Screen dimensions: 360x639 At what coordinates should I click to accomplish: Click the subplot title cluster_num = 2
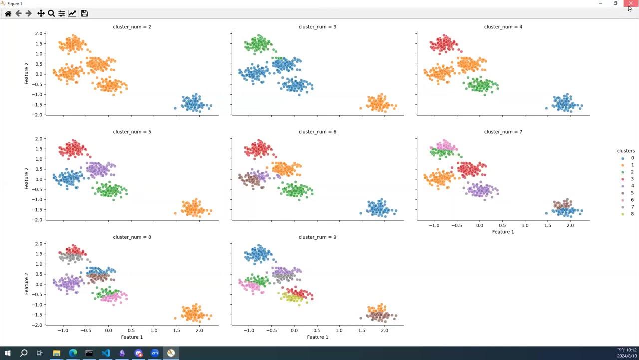coord(132,26)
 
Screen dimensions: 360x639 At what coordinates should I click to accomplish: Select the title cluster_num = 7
coord(503,132)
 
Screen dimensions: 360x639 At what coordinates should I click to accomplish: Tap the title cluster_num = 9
coord(317,237)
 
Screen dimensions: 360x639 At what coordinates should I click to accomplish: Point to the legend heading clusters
coord(626,151)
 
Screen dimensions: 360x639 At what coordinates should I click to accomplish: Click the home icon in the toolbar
coord(8,13)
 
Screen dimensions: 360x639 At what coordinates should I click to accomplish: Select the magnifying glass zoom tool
coord(51,13)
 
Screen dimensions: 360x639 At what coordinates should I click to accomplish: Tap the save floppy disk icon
coord(84,13)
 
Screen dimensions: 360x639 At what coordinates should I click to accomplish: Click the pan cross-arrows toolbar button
coord(41,13)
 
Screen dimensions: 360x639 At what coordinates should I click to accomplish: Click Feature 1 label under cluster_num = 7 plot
coord(503,232)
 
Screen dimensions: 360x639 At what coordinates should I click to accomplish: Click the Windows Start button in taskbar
coord(8,353)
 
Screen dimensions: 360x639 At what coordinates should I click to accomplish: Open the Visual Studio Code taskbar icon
coord(106,353)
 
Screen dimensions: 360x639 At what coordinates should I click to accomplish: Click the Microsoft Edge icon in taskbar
coord(73,353)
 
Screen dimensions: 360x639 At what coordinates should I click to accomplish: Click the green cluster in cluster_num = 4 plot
coord(482,85)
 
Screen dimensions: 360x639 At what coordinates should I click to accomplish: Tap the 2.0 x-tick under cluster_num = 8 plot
coord(199,331)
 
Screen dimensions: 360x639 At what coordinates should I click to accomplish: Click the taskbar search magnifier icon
coord(23,353)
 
